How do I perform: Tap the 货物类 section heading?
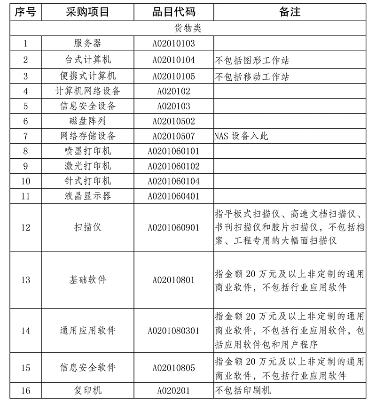188,29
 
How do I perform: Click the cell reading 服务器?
87,44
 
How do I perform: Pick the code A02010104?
173,60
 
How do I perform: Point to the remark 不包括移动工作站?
252,76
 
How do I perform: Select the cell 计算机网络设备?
87,91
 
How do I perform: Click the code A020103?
173,106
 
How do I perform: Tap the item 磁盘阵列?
87,121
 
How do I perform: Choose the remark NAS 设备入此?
241,136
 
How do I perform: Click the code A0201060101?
173,151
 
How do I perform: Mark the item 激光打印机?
87,166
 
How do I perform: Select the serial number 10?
25,181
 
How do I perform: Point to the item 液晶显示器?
87,196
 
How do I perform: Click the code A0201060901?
173,228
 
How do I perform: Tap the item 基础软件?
87,280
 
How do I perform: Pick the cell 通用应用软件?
87,331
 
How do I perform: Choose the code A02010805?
173,368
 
